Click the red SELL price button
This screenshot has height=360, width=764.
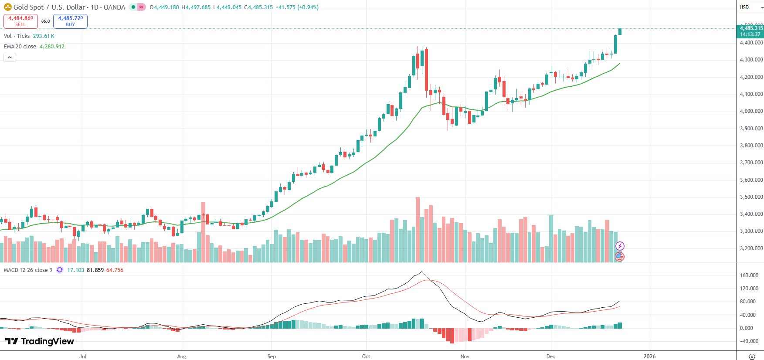tap(20, 21)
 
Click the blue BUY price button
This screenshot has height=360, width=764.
tap(70, 21)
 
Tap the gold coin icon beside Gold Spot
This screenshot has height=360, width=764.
tap(7, 7)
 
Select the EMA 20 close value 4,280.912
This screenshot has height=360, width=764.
tap(52, 47)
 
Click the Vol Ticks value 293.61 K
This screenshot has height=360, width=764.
tap(44, 36)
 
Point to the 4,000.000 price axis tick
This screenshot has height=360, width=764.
tap(751, 111)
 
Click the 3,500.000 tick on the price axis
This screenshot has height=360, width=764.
tap(751, 197)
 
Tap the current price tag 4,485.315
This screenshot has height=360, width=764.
tap(750, 31)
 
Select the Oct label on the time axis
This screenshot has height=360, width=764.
tap(366, 357)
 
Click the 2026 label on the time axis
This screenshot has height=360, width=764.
tap(649, 357)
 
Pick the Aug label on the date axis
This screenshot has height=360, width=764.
tap(182, 357)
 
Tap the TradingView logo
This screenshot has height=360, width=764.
tap(39, 341)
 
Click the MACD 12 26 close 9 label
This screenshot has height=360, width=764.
tap(28, 270)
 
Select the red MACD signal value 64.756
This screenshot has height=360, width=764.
tap(115, 270)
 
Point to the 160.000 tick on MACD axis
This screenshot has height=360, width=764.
tap(749, 275)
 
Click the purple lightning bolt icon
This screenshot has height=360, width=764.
tap(620, 246)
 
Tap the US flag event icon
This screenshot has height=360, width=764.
tap(620, 257)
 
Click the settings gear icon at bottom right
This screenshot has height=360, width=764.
tap(752, 357)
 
